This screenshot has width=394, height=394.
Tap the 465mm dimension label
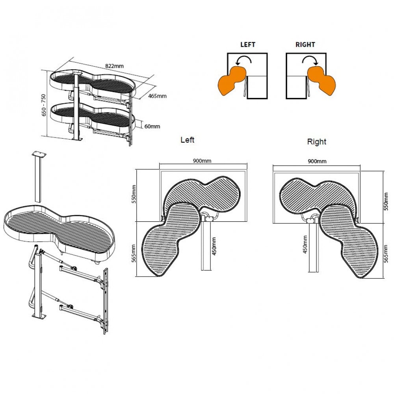tap(158, 96)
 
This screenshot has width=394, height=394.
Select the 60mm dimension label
tap(153, 126)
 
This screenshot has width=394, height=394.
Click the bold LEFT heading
tap(247, 45)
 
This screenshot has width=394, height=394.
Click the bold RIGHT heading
tap(305, 45)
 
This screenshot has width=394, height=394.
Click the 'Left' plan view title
tap(187, 139)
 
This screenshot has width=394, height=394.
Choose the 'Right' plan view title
tap(317, 141)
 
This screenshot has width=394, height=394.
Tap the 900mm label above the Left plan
tap(203, 161)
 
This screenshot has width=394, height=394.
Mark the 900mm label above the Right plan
tap(317, 161)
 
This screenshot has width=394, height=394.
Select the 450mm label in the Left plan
tap(214, 246)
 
